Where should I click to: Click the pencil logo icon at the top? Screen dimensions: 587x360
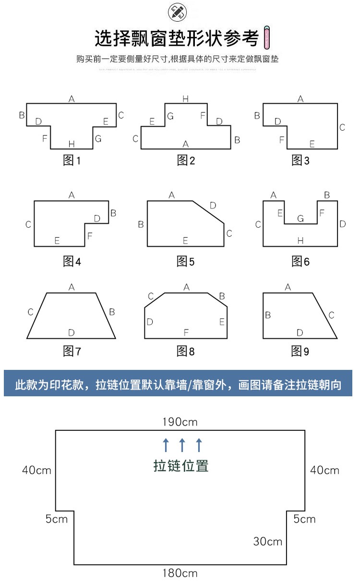click(177, 12)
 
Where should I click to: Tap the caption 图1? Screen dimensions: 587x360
click(72, 161)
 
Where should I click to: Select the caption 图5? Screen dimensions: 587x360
click(185, 262)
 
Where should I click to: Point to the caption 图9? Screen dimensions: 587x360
click(300, 352)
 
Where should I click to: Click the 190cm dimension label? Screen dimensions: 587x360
click(180, 422)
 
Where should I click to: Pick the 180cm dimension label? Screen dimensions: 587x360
click(180, 573)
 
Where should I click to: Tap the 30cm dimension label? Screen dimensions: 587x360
click(268, 541)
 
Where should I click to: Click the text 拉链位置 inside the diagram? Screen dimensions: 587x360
click(181, 466)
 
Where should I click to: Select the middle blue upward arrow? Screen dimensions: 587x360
click(182, 445)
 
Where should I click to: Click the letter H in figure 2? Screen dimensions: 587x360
click(186, 99)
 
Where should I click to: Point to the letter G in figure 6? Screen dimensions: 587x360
click(300, 219)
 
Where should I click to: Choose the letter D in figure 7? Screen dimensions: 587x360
click(71, 332)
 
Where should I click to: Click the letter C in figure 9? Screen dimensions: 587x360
click(331, 315)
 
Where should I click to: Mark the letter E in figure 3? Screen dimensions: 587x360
click(312, 144)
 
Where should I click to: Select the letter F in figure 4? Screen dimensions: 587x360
click(90, 236)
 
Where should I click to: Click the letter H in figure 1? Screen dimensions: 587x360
click(71, 144)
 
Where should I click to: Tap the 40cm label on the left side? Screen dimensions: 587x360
click(36, 470)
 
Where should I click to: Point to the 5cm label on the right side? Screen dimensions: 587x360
click(305, 519)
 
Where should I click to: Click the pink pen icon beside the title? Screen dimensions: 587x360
click(268, 38)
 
